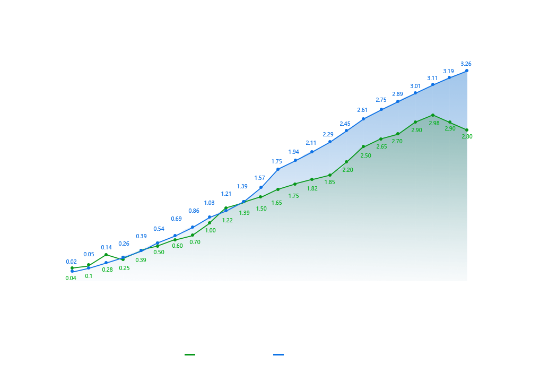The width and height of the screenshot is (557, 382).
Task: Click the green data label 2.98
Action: (434, 123)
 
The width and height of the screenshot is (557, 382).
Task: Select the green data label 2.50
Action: (365, 156)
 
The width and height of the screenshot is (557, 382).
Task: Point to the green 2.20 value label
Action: (347, 170)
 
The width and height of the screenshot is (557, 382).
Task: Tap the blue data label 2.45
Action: (345, 124)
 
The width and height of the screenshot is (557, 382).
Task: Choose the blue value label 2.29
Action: (328, 135)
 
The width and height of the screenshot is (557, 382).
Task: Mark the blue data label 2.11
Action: (311, 143)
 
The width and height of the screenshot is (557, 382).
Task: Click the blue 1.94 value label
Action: (294, 152)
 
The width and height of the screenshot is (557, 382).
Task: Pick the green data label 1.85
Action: (329, 183)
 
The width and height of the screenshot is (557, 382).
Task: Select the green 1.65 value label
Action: (277, 203)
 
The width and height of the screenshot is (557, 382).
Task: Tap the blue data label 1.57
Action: (259, 178)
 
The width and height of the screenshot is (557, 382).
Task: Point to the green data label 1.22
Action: (227, 220)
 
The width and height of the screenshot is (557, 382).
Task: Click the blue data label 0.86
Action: (194, 211)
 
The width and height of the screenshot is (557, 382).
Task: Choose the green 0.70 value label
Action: (195, 242)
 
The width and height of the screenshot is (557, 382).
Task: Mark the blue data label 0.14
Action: (106, 247)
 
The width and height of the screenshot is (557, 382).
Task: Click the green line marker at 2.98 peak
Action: (433, 115)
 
